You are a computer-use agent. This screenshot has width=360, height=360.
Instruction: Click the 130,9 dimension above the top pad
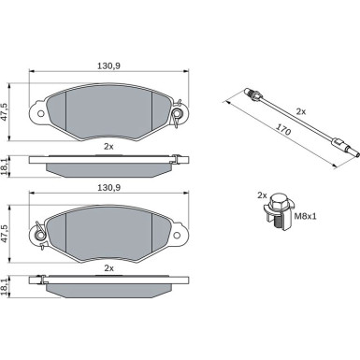point(109,65)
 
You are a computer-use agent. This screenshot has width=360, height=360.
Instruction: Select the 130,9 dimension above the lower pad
point(109,188)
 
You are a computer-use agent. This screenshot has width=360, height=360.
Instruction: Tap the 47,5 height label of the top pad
point(5,112)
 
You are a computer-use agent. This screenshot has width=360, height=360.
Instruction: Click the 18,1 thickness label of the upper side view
point(5,167)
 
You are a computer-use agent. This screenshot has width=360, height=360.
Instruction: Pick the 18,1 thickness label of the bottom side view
point(5,287)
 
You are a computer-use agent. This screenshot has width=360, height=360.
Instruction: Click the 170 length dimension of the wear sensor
point(283,128)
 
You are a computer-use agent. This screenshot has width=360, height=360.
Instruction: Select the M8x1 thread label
point(305,216)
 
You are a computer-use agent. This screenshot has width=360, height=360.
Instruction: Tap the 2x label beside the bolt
point(262,195)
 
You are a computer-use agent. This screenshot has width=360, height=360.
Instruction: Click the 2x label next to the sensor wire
point(301,111)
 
